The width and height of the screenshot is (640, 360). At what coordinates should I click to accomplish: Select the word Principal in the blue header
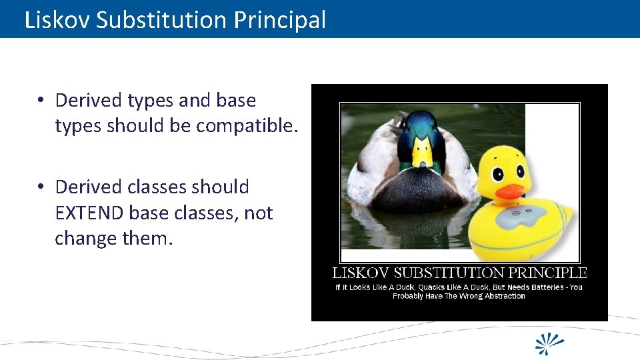point(280,20)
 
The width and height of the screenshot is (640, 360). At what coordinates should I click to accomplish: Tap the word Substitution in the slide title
point(163,20)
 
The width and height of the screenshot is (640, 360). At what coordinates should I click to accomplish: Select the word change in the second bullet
point(83,238)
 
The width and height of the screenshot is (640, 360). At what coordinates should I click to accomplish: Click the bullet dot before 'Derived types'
point(41,101)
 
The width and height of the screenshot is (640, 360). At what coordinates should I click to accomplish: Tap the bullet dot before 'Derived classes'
point(41,187)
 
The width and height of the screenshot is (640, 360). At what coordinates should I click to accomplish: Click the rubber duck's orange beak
point(511,191)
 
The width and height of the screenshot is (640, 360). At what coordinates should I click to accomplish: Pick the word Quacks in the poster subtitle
point(432,287)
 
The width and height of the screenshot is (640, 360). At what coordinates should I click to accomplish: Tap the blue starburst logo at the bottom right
point(550,343)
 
